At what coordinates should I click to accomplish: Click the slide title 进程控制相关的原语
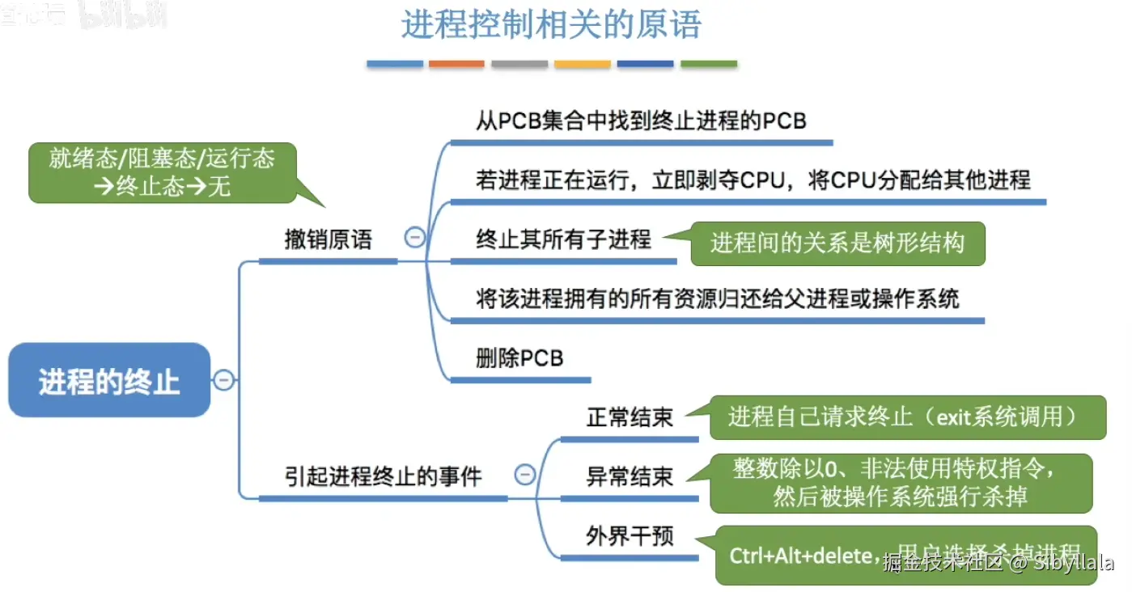point(551,25)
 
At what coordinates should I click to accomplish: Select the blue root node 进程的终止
point(109,380)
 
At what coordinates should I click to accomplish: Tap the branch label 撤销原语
point(328,240)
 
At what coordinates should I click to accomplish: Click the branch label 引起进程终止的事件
point(383,476)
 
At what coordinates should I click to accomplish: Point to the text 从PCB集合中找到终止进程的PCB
point(641,121)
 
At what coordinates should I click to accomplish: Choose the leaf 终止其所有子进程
point(563,240)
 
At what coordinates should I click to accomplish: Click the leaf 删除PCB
point(519,358)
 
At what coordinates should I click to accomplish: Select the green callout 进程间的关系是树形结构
point(837,243)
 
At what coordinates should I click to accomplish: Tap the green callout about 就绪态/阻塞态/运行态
point(162,171)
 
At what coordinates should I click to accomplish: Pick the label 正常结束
point(630,417)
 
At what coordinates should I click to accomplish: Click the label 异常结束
point(630,476)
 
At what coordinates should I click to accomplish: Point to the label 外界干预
point(630,536)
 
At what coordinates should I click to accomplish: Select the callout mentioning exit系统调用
point(907,417)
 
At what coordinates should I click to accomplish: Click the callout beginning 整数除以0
point(901,482)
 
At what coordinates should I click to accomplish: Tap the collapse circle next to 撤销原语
point(415,238)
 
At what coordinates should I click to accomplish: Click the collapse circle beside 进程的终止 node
point(223,379)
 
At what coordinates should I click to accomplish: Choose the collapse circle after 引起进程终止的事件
point(525,475)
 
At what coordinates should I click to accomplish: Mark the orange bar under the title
point(456,64)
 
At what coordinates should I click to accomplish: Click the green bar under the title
point(708,64)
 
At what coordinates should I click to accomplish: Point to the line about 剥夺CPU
point(753,180)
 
